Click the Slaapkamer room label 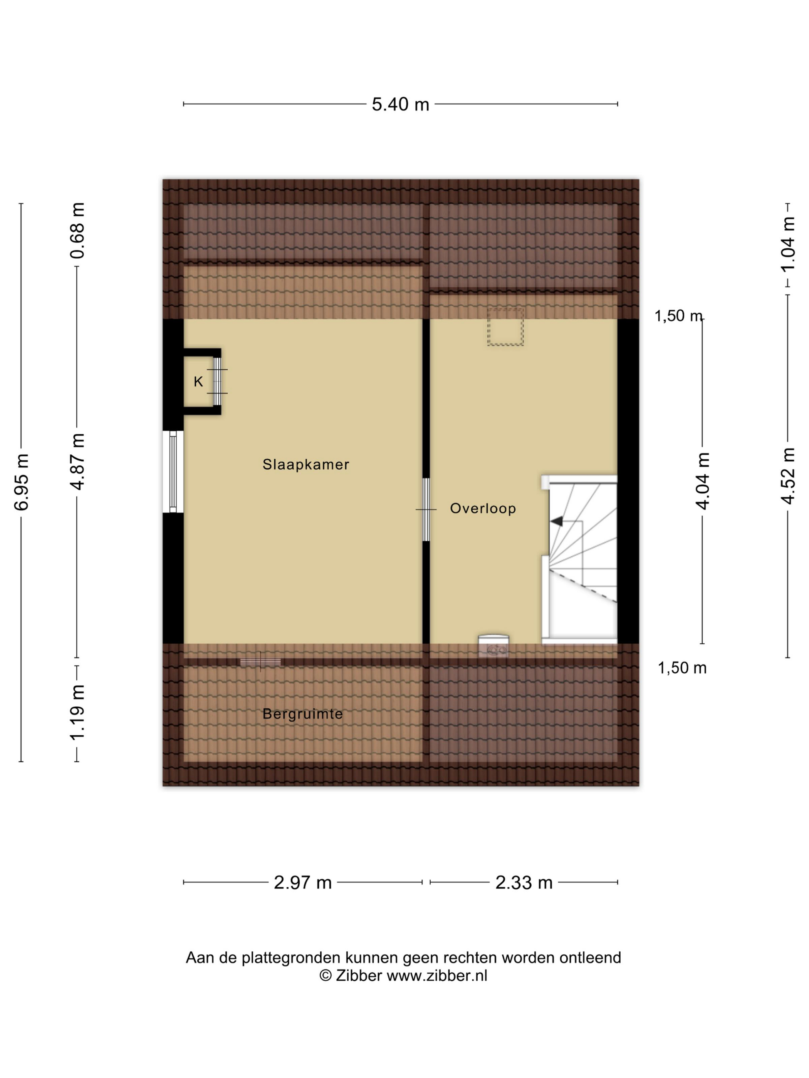click(306, 464)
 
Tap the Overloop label click(483, 509)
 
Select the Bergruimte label click(302, 714)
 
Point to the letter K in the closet click(198, 382)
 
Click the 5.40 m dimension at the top click(400, 104)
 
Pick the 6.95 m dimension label click(22, 482)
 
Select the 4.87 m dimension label click(77, 462)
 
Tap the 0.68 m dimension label click(77, 231)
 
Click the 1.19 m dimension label click(77, 713)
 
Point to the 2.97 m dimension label click(302, 882)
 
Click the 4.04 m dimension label click(702, 481)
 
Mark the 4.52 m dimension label click(788, 476)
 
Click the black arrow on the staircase click(556, 521)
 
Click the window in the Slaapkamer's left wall click(173, 472)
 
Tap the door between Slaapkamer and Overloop click(426, 510)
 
